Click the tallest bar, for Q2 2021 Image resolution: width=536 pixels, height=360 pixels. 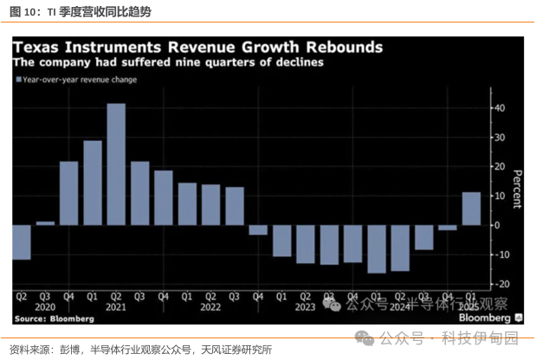116,164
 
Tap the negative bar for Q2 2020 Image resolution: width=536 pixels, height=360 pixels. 22,242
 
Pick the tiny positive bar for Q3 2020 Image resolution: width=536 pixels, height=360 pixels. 45,223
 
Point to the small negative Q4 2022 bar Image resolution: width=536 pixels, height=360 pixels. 258,229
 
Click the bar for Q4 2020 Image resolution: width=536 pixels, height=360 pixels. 69,193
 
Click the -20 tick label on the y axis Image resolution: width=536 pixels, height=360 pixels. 499,284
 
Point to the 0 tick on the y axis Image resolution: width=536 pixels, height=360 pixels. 497,225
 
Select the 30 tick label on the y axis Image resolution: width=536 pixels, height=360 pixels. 500,137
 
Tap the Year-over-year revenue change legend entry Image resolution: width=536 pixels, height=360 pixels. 79,80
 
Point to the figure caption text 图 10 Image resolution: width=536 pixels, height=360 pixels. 23,10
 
